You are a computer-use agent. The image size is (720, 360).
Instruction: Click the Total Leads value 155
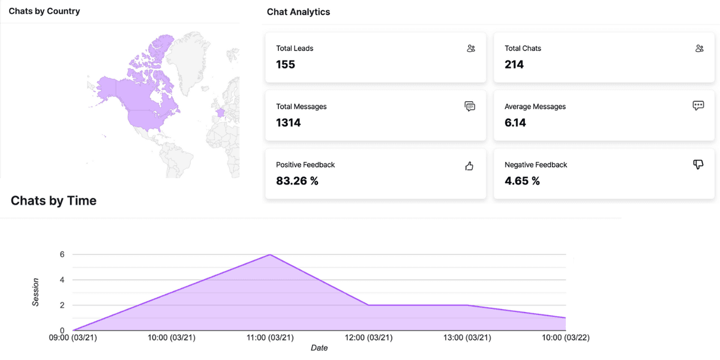[286, 64]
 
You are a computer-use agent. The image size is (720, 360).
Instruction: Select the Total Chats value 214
[514, 64]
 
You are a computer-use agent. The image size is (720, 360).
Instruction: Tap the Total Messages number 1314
[289, 122]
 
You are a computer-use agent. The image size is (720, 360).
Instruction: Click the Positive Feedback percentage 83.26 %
[297, 181]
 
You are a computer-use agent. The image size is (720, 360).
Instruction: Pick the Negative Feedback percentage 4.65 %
[522, 181]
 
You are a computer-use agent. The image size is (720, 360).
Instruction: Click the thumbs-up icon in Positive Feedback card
[470, 166]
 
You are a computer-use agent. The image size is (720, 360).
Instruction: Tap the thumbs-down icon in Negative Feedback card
[698, 164]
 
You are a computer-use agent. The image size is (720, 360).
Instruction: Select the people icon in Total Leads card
[470, 49]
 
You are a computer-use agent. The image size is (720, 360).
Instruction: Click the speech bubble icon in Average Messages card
[698, 106]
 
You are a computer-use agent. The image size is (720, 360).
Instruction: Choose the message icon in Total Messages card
[470, 107]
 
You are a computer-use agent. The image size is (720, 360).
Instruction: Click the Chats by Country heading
[44, 11]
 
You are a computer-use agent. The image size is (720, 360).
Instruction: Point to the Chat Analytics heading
[298, 11]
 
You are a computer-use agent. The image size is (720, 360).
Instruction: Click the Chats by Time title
[53, 200]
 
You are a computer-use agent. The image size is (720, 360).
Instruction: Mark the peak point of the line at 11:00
[269, 254]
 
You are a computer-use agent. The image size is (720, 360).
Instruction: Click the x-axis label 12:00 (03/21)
[368, 338]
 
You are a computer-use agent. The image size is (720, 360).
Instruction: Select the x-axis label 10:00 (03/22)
[565, 338]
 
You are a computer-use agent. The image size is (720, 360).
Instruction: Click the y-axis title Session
[36, 292]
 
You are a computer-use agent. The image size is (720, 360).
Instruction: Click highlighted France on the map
[220, 112]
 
